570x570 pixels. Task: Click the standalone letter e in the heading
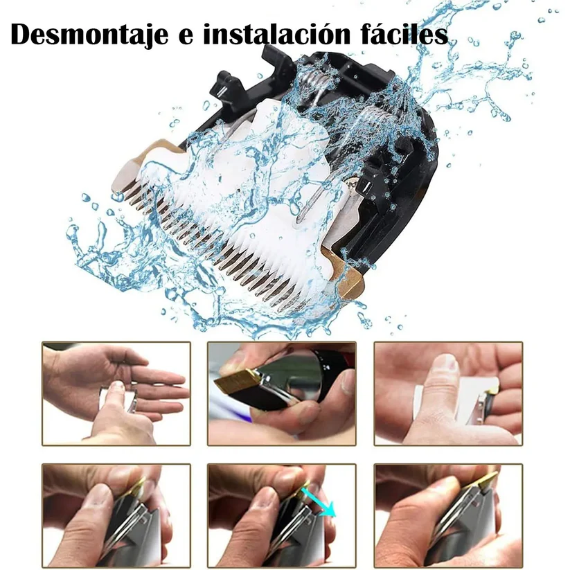click(185, 37)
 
